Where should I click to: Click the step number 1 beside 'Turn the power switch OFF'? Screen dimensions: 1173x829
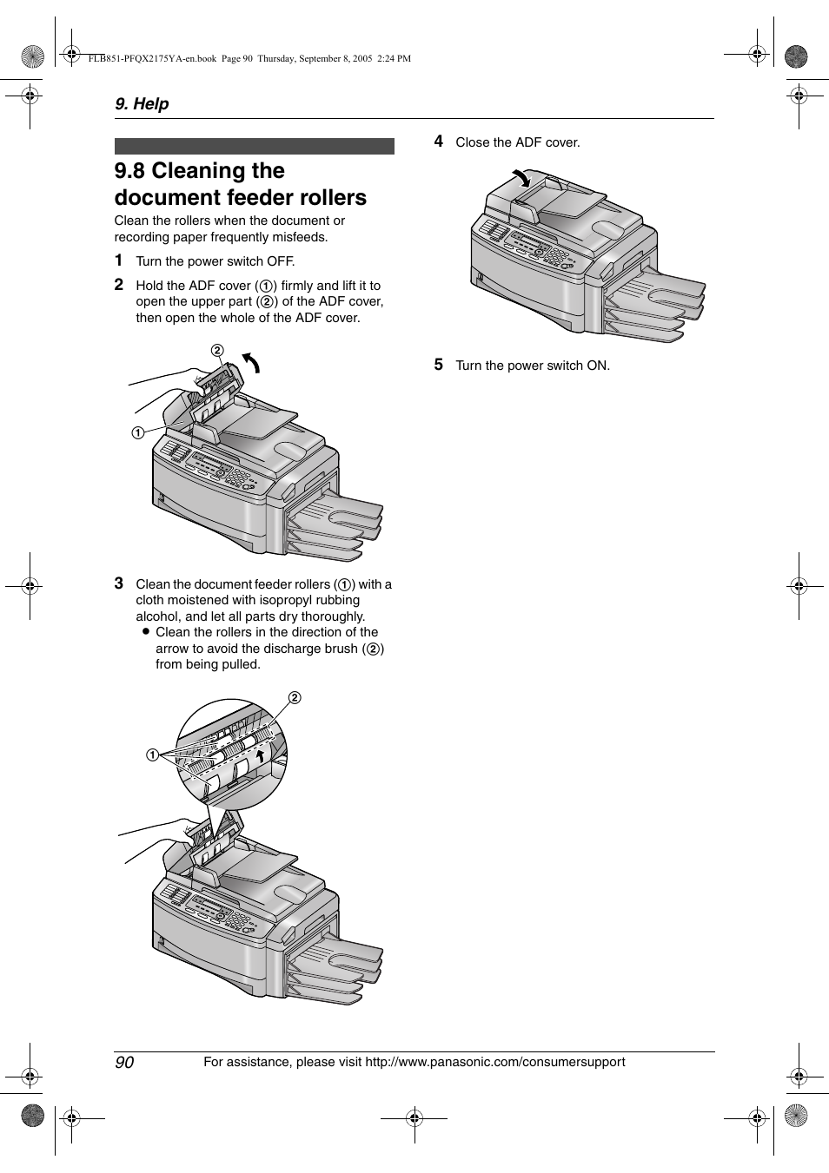coord(118,260)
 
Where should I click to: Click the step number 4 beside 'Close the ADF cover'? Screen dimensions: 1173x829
coord(439,142)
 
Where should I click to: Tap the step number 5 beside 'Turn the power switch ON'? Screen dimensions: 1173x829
coord(439,365)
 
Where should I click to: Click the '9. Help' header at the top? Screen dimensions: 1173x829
coord(142,103)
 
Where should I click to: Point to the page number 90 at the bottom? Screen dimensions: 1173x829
coord(124,1063)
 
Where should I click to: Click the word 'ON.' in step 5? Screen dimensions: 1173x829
coord(598,366)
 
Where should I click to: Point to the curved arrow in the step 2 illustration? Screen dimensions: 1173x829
coord(251,362)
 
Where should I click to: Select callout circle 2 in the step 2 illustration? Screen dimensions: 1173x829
coord(217,350)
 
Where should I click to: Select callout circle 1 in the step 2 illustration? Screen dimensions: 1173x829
coord(138,433)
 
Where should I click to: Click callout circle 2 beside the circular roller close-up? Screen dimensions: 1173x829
coord(295,698)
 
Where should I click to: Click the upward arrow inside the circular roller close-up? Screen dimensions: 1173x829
coord(259,758)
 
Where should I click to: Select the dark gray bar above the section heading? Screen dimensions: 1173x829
coord(254,146)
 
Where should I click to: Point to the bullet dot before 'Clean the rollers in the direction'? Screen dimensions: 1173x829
coord(146,632)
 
